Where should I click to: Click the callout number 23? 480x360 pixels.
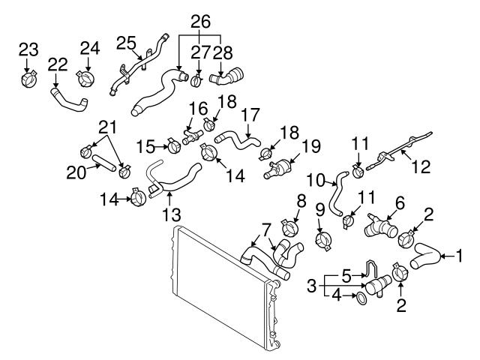pyautogui.click(x=28, y=49)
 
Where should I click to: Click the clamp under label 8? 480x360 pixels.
pyautogui.click(x=289, y=226)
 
